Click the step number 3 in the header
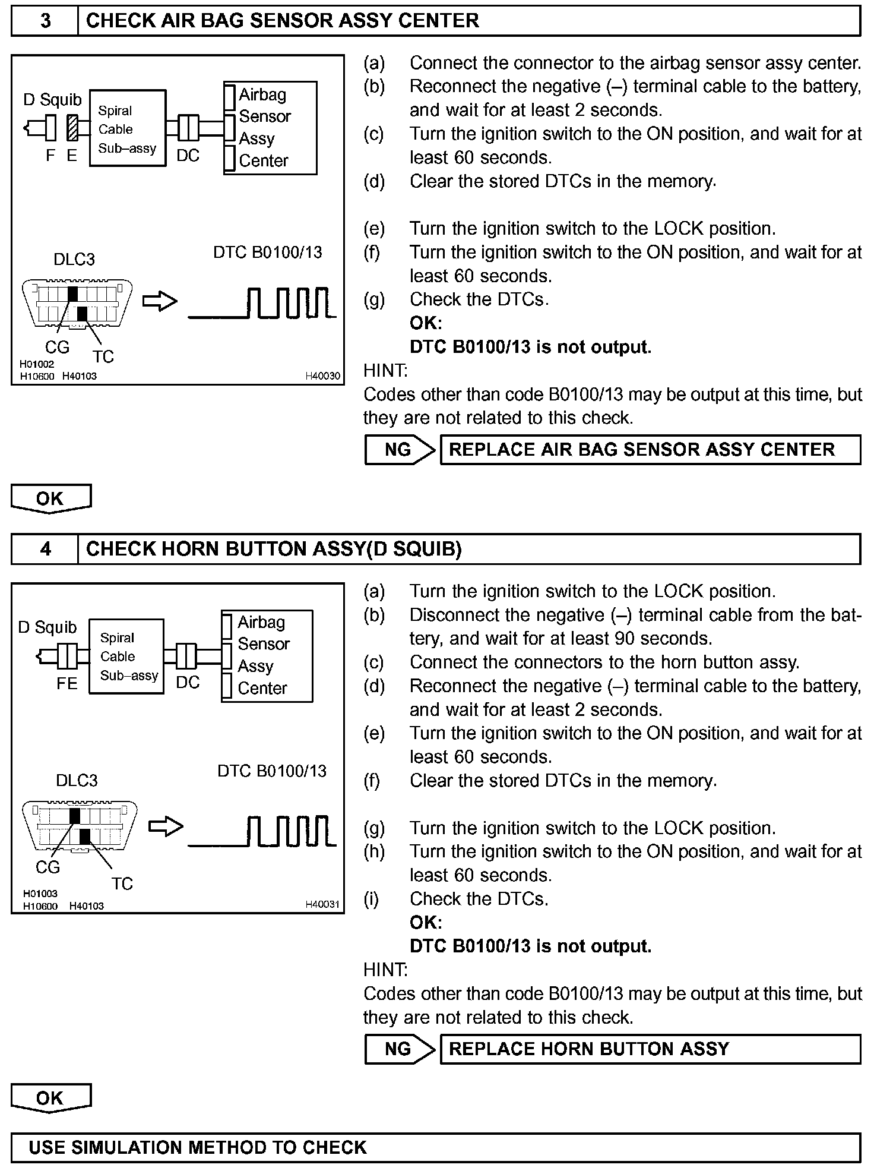click(45, 21)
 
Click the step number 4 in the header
click(45, 548)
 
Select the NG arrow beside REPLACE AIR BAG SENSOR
click(400, 450)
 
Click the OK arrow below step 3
click(50, 498)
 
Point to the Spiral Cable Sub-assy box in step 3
click(127, 128)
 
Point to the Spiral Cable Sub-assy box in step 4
click(126, 656)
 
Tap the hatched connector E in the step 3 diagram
click(72, 127)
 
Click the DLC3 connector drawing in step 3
click(77, 303)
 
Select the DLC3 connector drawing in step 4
click(79, 826)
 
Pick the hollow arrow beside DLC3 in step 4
click(166, 826)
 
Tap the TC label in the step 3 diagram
click(103, 356)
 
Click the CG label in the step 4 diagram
click(47, 867)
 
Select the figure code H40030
click(322, 375)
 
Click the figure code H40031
click(322, 904)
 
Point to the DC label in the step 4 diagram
click(188, 683)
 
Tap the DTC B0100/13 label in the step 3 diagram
click(267, 252)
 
